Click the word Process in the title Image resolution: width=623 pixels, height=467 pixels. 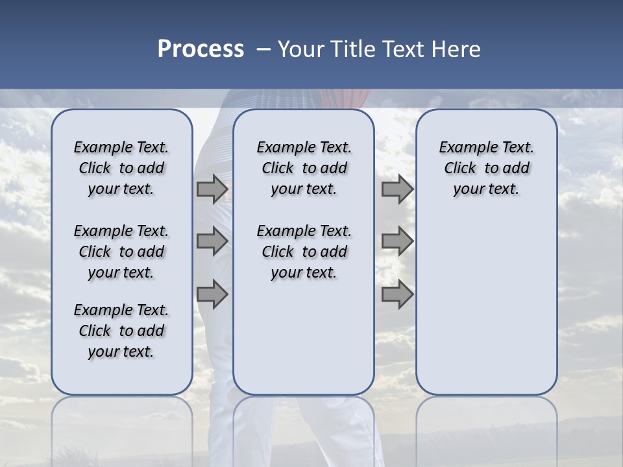[x=201, y=49]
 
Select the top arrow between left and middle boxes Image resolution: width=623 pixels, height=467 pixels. [x=212, y=189]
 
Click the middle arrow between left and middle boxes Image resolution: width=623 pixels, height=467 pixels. [x=212, y=241]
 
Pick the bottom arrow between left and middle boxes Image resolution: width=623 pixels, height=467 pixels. [x=212, y=295]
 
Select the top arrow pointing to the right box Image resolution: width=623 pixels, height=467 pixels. [x=397, y=189]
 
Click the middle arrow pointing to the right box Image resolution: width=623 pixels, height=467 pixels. [x=397, y=241]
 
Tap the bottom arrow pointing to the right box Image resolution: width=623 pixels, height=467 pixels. [x=397, y=295]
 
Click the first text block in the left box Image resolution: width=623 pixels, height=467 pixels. [x=121, y=168]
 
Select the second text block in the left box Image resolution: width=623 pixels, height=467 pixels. [x=121, y=252]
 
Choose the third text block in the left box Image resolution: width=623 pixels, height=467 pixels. [x=121, y=331]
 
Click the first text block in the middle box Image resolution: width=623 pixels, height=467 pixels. [x=304, y=168]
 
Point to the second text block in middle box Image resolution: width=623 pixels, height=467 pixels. [x=304, y=252]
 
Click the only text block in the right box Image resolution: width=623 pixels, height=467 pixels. [x=486, y=168]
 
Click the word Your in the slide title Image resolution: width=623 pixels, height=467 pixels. [x=300, y=49]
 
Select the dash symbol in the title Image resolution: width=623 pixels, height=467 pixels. [x=263, y=49]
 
